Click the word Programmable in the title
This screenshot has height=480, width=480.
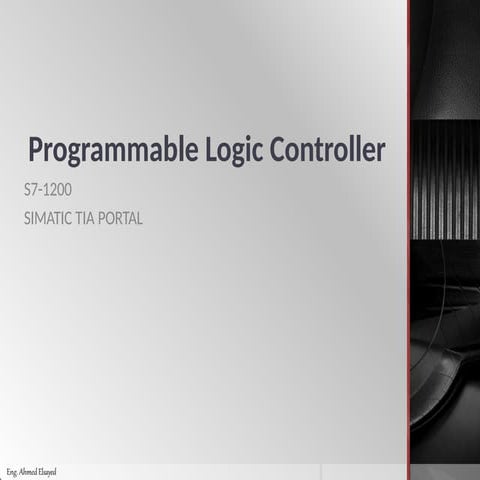(113, 150)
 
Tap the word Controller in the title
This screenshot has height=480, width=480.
(327, 149)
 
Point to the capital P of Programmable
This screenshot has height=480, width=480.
(36, 149)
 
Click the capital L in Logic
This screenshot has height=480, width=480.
(211, 149)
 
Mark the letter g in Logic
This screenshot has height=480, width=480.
(232, 155)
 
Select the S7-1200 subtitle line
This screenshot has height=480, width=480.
(48, 190)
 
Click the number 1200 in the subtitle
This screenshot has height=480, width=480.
(57, 190)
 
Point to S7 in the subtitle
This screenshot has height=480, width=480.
(31, 190)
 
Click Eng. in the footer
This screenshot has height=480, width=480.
(12, 473)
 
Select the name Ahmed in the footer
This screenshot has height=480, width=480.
(26, 472)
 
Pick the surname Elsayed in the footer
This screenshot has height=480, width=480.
(46, 473)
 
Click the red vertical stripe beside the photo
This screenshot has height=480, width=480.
(408, 232)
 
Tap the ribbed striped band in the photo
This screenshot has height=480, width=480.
(446, 179)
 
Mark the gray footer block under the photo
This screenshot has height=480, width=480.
(445, 472)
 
